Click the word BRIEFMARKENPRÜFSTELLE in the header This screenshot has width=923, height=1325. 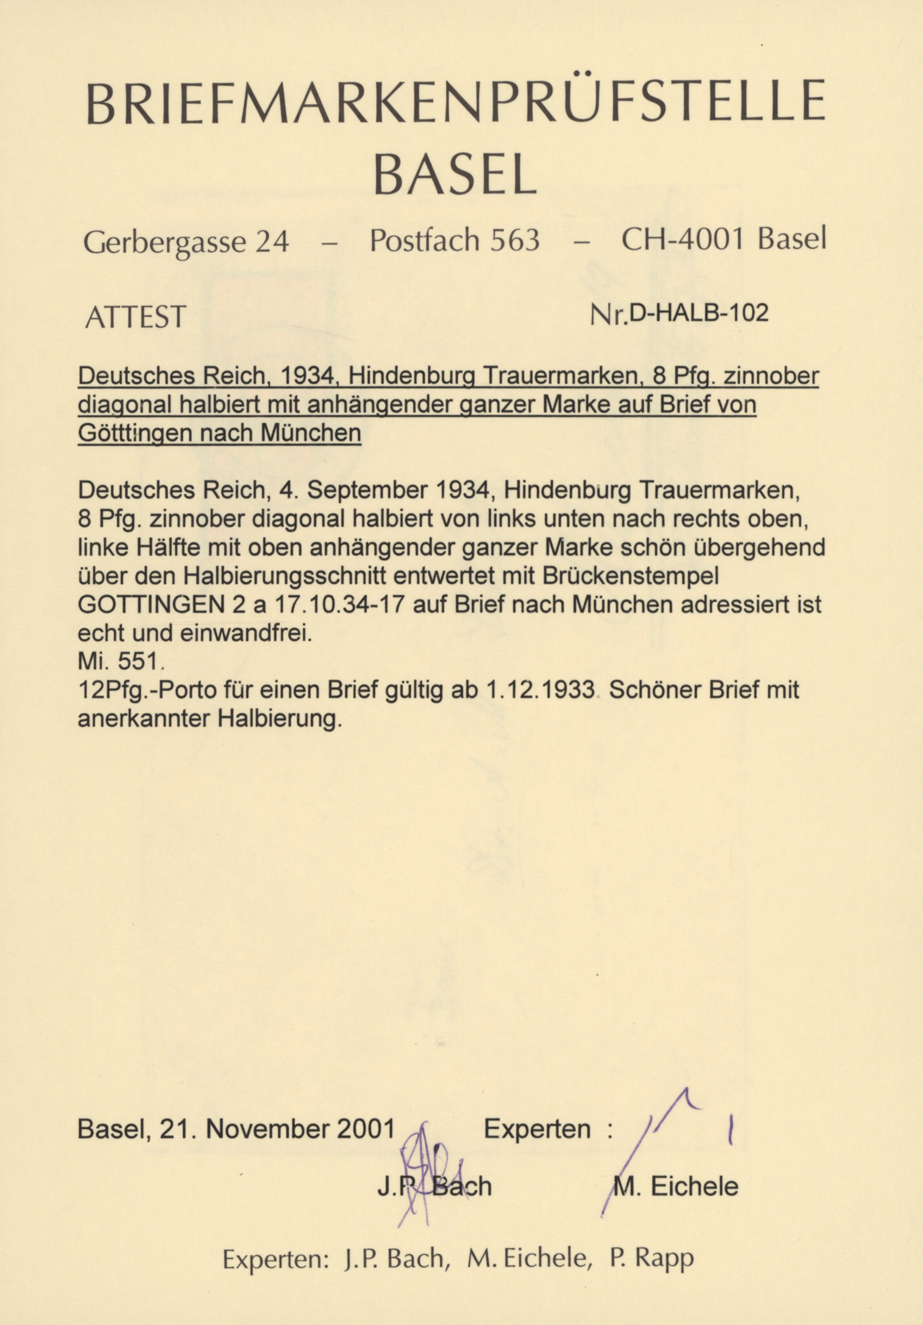[455, 101]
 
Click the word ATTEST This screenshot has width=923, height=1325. [136, 317]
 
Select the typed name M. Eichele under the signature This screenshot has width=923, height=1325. [677, 1170]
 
